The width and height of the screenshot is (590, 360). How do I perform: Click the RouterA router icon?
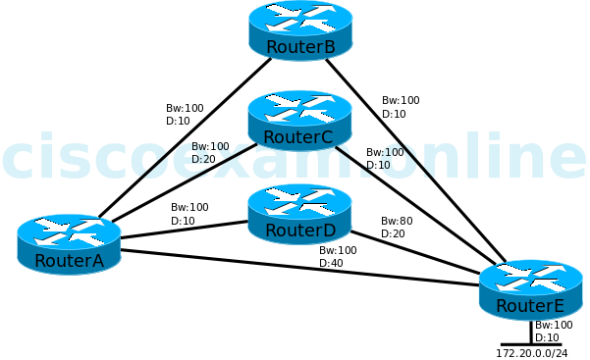click(69, 242)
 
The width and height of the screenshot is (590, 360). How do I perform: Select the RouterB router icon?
click(300, 29)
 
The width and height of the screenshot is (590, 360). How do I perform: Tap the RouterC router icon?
click(299, 120)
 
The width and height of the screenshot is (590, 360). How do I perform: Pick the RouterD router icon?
click(299, 213)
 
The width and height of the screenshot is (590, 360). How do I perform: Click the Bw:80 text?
click(397, 221)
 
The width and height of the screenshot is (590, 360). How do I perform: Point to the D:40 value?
click(331, 263)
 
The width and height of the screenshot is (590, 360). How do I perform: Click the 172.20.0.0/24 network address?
click(531, 352)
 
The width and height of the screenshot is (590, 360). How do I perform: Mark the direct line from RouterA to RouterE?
click(295, 268)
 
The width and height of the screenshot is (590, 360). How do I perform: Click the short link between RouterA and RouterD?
click(182, 230)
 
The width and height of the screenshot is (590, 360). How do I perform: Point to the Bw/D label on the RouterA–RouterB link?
click(184, 114)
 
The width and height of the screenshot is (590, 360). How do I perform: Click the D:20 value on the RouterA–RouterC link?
click(203, 159)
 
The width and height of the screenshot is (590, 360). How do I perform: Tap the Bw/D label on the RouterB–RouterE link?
click(400, 107)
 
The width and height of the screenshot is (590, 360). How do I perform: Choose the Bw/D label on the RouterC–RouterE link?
click(384, 158)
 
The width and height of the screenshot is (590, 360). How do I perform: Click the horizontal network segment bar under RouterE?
click(531, 343)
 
